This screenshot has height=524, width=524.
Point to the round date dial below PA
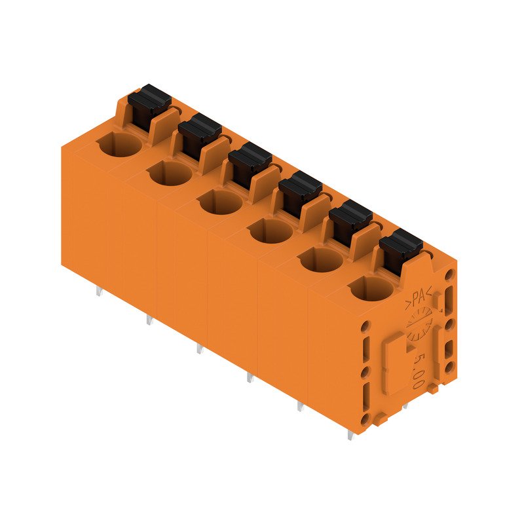[418, 326]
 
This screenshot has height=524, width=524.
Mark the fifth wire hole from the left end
[321, 259]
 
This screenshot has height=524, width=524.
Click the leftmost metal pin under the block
[99, 292]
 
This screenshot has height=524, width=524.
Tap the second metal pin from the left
[149, 321]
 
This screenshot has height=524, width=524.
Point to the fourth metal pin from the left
[250, 379]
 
